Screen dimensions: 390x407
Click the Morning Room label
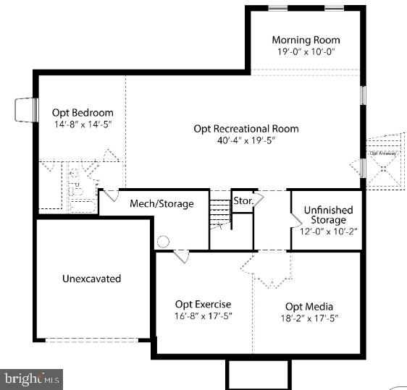tap(306, 40)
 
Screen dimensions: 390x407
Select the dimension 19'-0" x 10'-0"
tap(306, 53)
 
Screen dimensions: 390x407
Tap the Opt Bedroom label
tap(83, 113)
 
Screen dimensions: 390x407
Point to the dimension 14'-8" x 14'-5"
tap(83, 125)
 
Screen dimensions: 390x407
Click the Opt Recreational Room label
tap(246, 129)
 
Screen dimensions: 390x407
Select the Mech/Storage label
tap(161, 204)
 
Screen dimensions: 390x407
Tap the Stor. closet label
tap(242, 200)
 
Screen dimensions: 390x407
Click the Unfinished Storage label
tap(328, 215)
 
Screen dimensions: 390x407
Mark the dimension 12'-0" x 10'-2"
tap(328, 231)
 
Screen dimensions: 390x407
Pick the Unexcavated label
tap(91, 279)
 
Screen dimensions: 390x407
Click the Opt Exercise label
tap(204, 305)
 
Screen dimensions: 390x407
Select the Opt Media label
tap(309, 306)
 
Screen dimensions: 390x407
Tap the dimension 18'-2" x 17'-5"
tap(309, 318)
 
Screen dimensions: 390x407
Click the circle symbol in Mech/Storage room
tap(164, 242)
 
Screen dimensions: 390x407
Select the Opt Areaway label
tap(382, 153)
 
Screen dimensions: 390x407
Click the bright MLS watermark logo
tap(32, 378)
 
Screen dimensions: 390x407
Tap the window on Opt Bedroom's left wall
tap(27, 110)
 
